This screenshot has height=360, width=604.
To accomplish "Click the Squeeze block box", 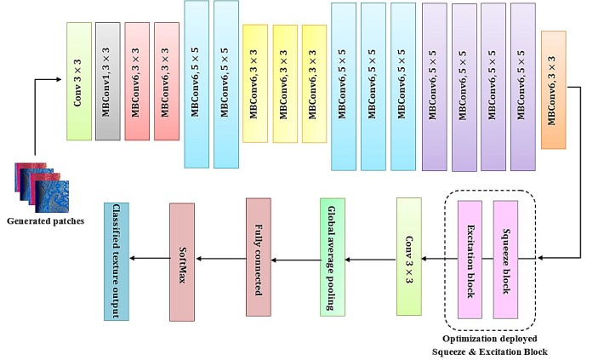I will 505,260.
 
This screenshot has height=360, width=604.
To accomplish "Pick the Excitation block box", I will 470,260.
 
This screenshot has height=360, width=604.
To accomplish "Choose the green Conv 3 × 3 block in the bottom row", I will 408,256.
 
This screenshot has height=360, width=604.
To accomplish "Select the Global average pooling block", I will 333,256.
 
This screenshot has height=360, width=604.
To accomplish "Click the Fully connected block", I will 258,258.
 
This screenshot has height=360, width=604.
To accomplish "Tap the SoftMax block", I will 182,258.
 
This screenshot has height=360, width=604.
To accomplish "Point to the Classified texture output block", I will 116,261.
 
